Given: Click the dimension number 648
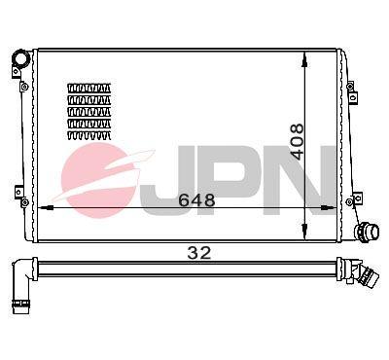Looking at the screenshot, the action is click(x=196, y=200).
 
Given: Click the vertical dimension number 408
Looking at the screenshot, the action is click(x=298, y=141).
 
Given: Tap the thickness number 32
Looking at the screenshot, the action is click(x=199, y=253).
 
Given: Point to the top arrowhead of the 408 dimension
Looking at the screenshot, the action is click(x=304, y=60).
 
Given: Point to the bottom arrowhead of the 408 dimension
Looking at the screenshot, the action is click(x=304, y=231).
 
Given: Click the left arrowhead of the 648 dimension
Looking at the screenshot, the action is click(x=46, y=208).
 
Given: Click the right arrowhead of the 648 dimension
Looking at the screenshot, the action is click(x=328, y=208).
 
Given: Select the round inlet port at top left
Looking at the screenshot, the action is click(x=20, y=58).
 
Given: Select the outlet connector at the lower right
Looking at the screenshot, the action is click(x=367, y=232).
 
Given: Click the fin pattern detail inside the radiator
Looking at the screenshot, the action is click(x=88, y=112).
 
